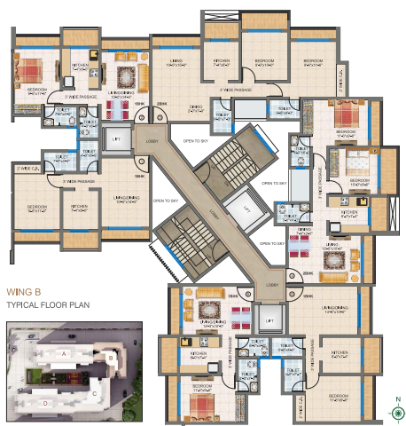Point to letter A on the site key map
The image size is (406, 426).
pyautogui.click(x=65, y=352)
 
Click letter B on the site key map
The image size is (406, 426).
pyautogui.click(x=111, y=357)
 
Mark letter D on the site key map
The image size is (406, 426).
pyautogui.click(x=47, y=403)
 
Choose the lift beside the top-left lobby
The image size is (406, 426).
pyautogui.click(x=115, y=139)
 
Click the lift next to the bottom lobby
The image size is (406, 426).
pyautogui.click(x=265, y=316)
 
